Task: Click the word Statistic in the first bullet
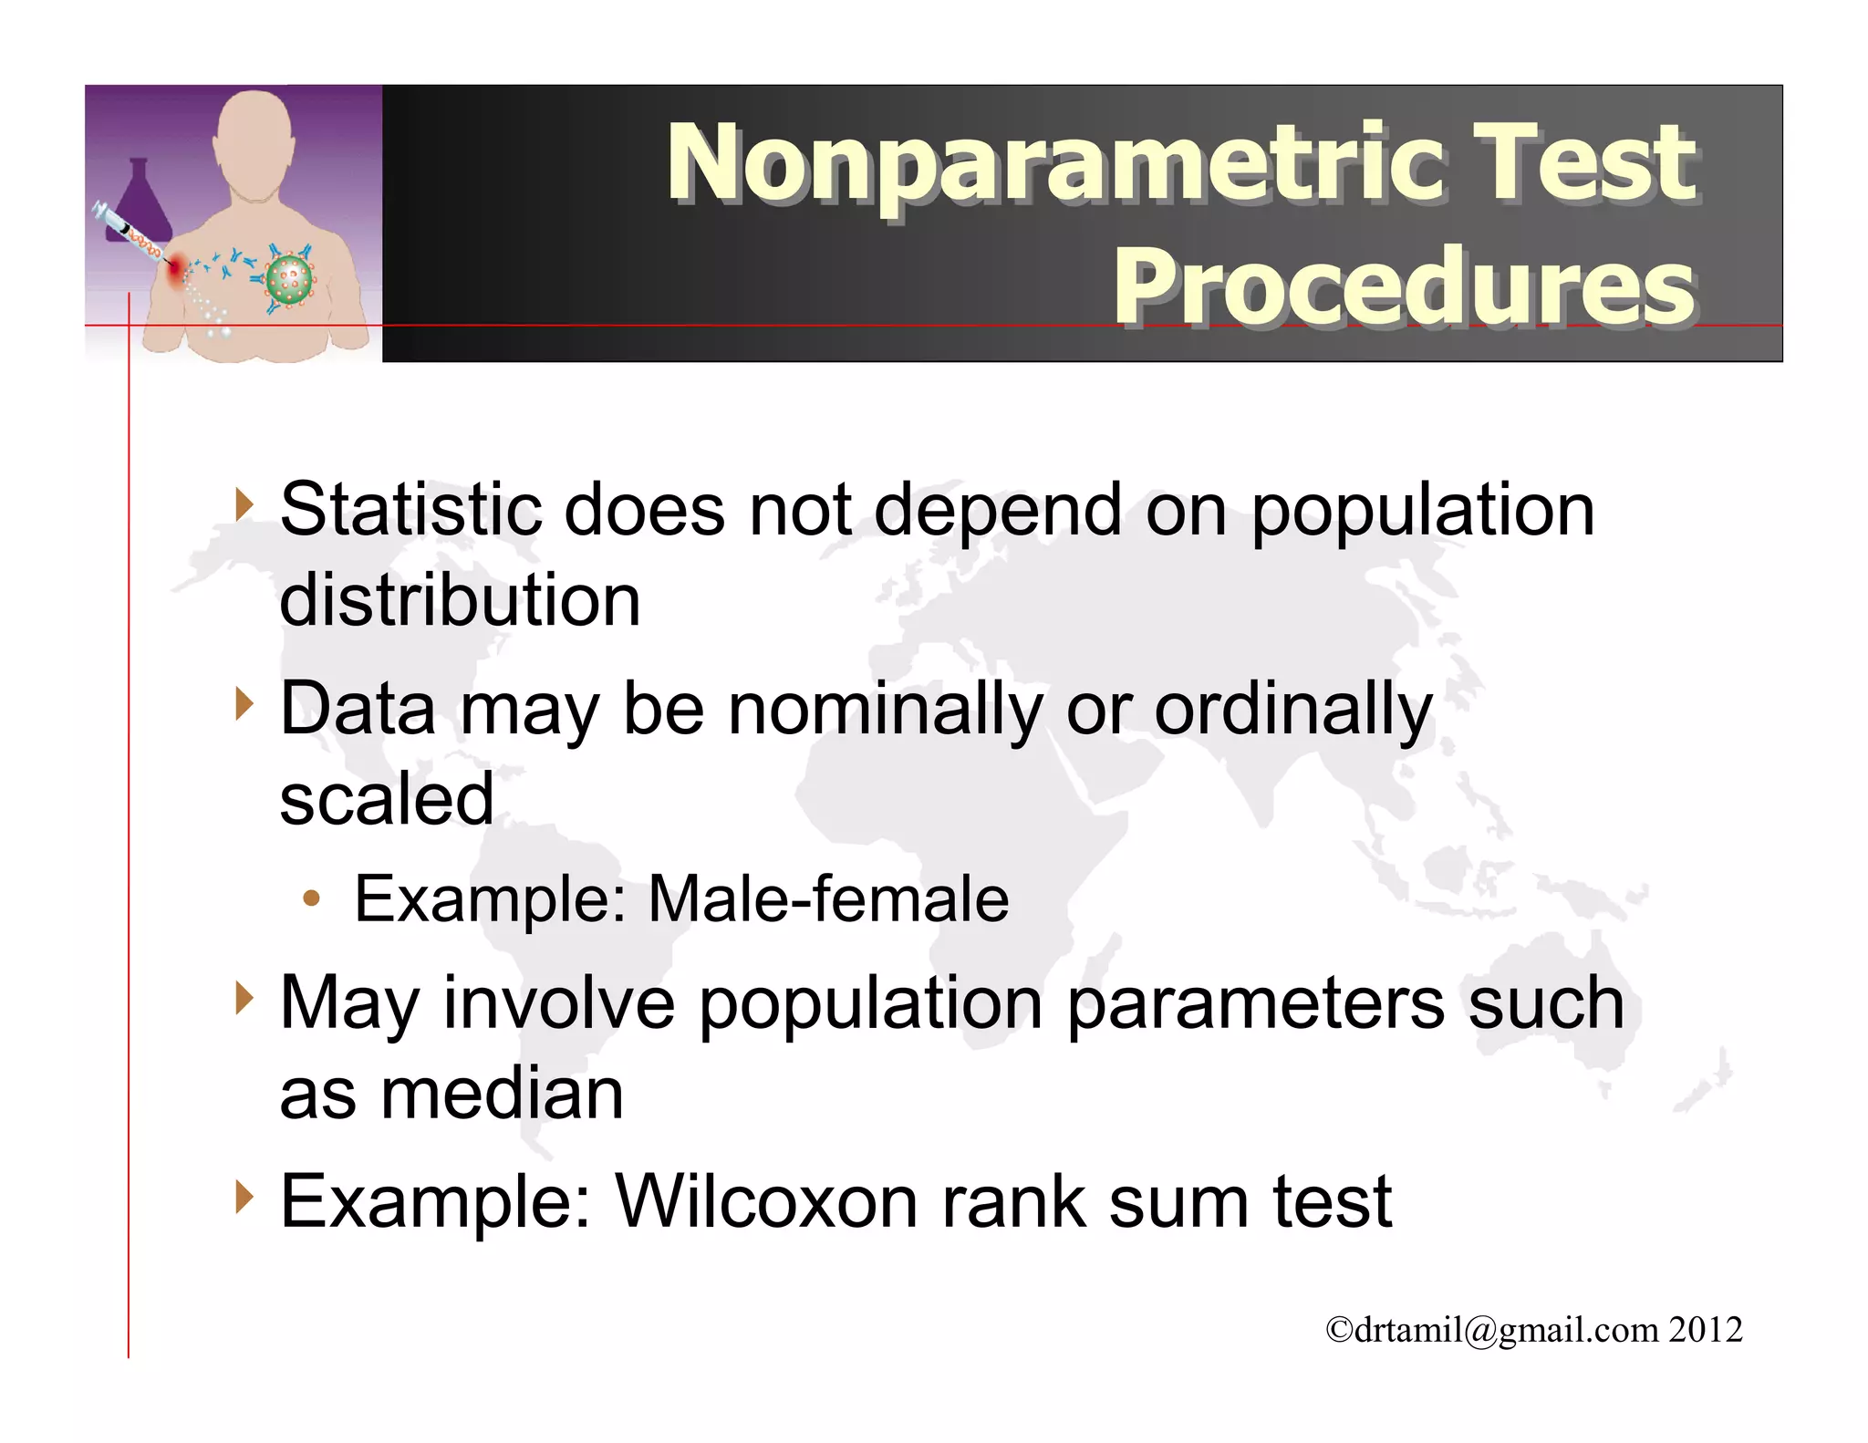point(410,510)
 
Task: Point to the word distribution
point(460,601)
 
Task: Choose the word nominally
point(885,710)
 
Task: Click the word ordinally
point(1293,710)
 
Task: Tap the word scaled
point(386,799)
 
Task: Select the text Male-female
point(828,899)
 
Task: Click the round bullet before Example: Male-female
point(312,899)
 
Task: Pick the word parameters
point(1255,1003)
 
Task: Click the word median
point(502,1094)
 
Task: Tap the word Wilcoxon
point(766,1202)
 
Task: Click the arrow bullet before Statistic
point(243,504)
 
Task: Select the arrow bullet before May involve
point(243,998)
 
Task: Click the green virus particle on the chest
point(289,280)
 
